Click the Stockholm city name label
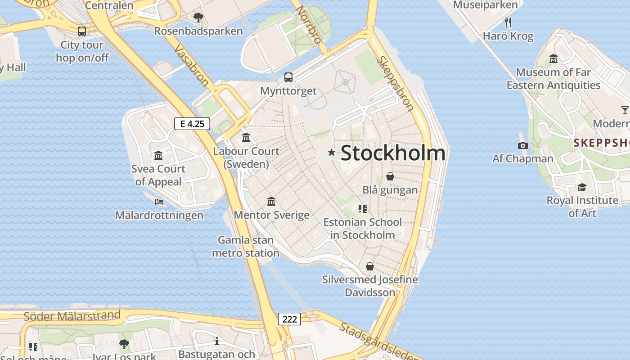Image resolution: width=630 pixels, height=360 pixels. coord(393,153)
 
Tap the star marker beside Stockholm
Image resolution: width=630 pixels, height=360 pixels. coord(332,153)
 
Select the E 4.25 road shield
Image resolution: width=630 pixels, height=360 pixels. coord(192,124)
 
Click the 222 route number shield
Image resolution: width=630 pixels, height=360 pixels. coord(289,319)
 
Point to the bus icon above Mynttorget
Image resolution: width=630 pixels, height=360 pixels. coord(288,77)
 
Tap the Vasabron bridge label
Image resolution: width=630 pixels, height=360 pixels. coord(191,65)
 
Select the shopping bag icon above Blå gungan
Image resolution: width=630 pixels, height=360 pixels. coord(390,176)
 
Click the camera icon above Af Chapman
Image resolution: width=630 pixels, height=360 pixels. coord(522,145)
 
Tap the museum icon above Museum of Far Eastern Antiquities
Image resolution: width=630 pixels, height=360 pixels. coord(553,59)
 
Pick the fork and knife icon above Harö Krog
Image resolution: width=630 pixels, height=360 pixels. coord(508,22)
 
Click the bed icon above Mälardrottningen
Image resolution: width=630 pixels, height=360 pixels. coord(159,202)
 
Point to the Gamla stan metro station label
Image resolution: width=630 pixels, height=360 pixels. coord(246,247)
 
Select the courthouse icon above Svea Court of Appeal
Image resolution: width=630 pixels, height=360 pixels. coord(158,156)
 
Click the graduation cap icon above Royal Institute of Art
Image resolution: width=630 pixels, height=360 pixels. coord(582,187)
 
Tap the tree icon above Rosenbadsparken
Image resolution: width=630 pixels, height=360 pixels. coord(198,18)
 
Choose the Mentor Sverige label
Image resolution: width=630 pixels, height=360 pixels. coord(271,215)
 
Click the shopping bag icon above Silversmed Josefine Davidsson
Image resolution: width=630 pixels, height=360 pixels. coord(370,266)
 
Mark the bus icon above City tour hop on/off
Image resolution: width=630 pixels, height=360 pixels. coord(82,31)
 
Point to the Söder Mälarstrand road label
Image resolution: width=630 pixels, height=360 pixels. coord(72,316)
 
